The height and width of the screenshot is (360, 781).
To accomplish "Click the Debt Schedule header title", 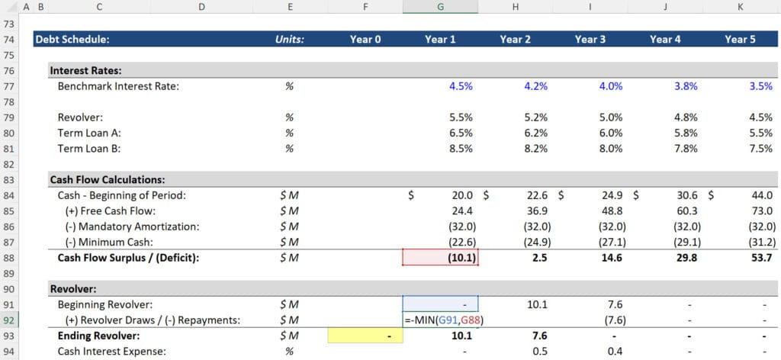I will [72, 40].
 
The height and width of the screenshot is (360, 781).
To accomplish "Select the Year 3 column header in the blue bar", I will [590, 40].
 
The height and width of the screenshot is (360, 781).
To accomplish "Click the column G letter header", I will [440, 7].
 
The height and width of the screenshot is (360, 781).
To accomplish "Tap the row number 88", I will [10, 258].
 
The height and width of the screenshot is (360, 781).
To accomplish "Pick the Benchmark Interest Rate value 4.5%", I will [461, 86].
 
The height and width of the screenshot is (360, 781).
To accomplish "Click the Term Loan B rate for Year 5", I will [760, 149].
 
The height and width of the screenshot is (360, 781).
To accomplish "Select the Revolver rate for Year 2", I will [535, 118].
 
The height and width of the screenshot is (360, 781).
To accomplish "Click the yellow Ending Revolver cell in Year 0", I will [365, 336].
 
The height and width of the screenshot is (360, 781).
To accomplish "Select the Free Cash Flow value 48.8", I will [612, 211].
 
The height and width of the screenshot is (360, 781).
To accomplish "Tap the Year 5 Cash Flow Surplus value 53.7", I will [762, 258].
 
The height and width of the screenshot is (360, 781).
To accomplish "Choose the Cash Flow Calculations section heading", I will [107, 180].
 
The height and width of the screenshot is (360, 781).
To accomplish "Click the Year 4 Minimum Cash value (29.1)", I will [686, 242].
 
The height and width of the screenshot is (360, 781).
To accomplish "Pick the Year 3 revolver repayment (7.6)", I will [611, 320].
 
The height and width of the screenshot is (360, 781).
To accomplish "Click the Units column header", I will [289, 40].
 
